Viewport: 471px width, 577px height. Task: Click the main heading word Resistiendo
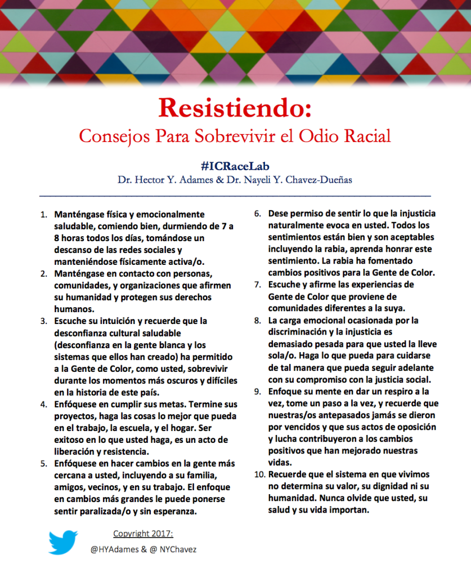click(235, 108)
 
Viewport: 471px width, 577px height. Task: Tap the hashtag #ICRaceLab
click(235, 166)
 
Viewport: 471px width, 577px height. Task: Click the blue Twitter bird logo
click(63, 542)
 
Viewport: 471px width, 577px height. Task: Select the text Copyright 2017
click(143, 533)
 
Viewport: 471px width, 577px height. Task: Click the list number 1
click(44, 215)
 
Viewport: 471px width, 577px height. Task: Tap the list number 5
click(44, 463)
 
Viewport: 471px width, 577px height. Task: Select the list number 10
click(259, 474)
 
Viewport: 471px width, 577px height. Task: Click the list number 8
click(259, 321)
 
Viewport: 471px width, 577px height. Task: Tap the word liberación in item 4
click(79, 451)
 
